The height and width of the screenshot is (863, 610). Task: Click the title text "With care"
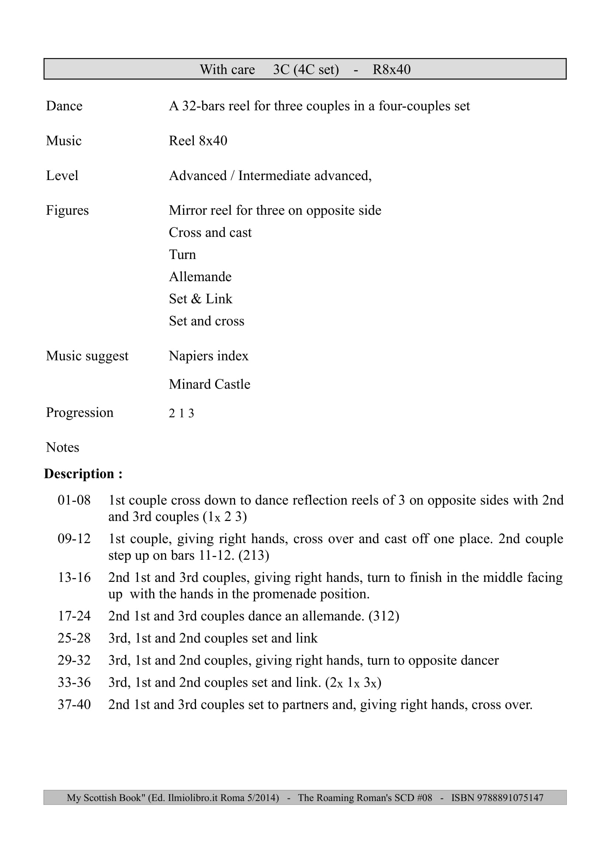tap(227, 69)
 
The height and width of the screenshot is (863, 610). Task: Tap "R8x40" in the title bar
tap(391, 69)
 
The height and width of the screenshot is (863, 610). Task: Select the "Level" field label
tap(62, 176)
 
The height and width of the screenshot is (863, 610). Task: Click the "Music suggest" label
tap(87, 356)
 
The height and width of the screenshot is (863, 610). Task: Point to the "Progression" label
tap(80, 412)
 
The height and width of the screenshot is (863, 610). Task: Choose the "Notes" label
tap(62, 447)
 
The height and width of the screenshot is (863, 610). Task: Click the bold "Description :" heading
tap(83, 474)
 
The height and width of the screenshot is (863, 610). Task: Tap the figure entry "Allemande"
tap(200, 277)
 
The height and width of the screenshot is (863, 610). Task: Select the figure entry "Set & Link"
tap(200, 299)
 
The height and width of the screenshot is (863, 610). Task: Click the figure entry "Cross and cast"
tap(210, 232)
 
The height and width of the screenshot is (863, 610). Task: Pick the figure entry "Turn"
tap(182, 255)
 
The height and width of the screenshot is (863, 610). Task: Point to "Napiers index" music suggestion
tap(208, 356)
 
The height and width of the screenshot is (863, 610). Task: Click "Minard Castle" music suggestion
tap(209, 384)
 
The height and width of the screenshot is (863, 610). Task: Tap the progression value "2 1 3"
tap(181, 414)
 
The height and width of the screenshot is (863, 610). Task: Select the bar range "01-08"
tap(74, 500)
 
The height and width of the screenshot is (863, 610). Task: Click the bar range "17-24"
tap(74, 616)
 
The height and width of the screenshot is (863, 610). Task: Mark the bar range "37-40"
tap(74, 705)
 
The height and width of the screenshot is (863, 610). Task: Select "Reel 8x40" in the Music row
tap(198, 141)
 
